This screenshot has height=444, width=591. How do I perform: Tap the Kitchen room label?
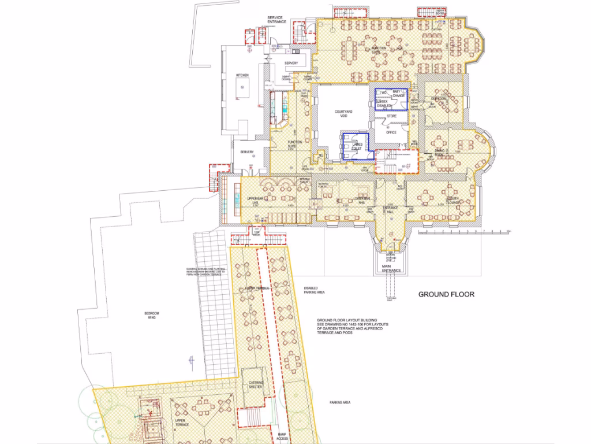(x=242, y=76)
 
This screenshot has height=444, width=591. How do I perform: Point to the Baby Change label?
(x=397, y=94)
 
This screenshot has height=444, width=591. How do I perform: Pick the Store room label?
(x=391, y=116)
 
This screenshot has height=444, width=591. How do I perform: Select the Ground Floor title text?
(x=446, y=294)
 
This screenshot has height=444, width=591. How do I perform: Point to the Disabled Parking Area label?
(x=314, y=290)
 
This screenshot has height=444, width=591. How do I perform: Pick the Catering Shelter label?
(x=256, y=385)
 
